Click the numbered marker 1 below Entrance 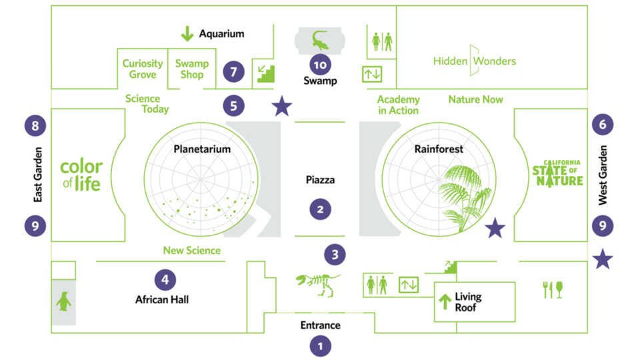coord(320,346)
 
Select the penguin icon coord(63,302)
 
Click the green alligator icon coord(320,40)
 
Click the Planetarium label coord(202,149)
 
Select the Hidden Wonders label coord(475,61)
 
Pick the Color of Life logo coord(81,175)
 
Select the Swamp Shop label coord(192,69)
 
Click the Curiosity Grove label coord(143,69)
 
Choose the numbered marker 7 coord(233,71)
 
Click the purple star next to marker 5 coord(282,106)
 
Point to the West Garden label coord(603,175)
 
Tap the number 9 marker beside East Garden coord(35,226)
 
